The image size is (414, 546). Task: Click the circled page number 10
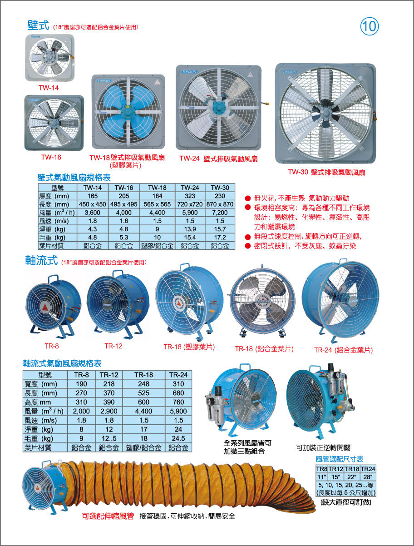(x=369, y=26)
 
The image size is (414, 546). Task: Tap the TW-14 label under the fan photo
(x=49, y=88)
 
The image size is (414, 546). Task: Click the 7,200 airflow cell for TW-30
(x=220, y=213)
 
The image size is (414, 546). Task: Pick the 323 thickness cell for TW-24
(x=190, y=196)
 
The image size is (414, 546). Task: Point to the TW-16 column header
(x=124, y=188)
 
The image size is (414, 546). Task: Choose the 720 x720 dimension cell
(x=190, y=204)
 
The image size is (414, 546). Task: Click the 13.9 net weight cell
(x=190, y=229)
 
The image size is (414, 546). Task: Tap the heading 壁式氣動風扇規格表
(x=74, y=178)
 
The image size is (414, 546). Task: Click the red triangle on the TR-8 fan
(x=45, y=308)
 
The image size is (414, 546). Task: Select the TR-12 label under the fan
(x=113, y=346)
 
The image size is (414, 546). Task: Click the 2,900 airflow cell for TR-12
(x=109, y=411)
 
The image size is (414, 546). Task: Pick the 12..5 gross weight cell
(x=109, y=438)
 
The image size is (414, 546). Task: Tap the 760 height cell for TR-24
(x=178, y=402)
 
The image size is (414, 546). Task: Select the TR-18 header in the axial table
(x=143, y=375)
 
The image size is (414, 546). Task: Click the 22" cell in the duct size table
(x=352, y=477)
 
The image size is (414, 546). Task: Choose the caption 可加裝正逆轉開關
(x=323, y=448)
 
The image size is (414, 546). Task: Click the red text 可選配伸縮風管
(x=108, y=516)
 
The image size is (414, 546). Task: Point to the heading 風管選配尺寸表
(x=340, y=459)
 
